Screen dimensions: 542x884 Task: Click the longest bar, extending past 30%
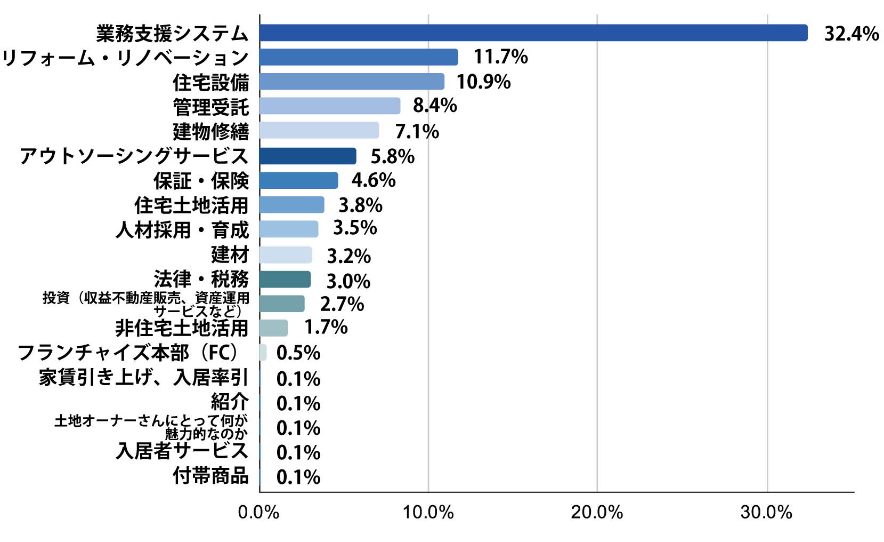tap(533, 33)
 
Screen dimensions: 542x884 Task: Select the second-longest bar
tap(358, 57)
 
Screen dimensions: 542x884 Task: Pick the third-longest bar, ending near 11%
tap(352, 82)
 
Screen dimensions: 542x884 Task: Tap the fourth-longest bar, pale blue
tap(329, 106)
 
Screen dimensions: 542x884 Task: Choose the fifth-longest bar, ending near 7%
tap(319, 130)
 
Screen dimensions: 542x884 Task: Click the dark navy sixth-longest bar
tap(307, 156)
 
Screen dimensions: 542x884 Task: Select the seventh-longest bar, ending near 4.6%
tap(298, 180)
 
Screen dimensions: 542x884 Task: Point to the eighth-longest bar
tap(291, 205)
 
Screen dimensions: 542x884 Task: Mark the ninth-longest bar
tap(288, 229)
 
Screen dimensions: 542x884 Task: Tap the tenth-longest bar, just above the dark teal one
tap(285, 255)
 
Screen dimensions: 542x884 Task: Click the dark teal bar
tap(285, 280)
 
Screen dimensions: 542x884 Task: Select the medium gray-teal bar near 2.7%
tap(281, 304)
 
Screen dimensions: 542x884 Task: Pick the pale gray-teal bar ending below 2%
tap(273, 328)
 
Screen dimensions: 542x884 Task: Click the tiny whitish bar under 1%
tap(263, 353)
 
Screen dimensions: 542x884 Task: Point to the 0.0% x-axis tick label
tap(259, 513)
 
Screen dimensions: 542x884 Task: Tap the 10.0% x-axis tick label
tap(428, 513)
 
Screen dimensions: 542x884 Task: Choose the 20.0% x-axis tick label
tap(597, 513)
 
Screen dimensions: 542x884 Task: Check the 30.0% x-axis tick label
tap(767, 513)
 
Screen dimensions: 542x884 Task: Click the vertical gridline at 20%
tap(597, 267)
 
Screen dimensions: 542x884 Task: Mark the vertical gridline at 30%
tap(767, 267)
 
